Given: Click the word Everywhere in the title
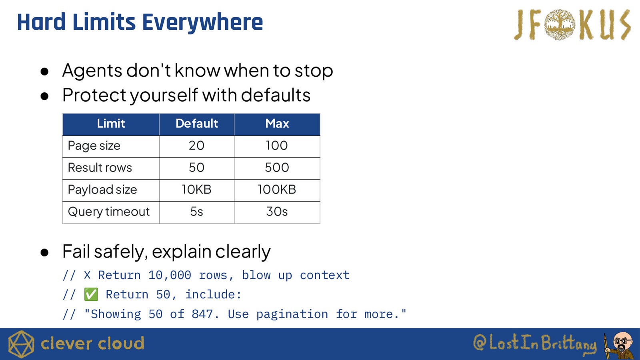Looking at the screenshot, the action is (x=202, y=22).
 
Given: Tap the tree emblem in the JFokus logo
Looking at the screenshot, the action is (x=560, y=24).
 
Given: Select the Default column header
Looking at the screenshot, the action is (x=196, y=124).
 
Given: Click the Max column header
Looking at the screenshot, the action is (x=277, y=124).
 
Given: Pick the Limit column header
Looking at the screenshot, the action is (x=111, y=124).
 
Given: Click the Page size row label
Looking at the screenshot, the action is (x=94, y=146).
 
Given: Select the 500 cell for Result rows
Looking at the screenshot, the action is (x=277, y=168).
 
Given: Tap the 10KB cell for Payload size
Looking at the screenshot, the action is (x=196, y=190).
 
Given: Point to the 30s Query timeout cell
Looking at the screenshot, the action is (x=277, y=212).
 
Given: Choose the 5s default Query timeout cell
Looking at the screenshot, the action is (x=196, y=212).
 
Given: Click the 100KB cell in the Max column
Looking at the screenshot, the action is (x=277, y=190).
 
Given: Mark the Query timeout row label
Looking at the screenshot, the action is (x=108, y=212).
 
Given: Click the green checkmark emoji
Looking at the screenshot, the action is (x=91, y=294).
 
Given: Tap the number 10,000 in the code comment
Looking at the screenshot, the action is (x=170, y=275).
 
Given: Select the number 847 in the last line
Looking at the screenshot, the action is (x=202, y=314).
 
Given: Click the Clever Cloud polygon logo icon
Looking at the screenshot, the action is (x=21, y=344).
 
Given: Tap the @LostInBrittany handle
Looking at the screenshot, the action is (x=535, y=344).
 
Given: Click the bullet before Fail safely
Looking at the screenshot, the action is (x=44, y=252).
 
